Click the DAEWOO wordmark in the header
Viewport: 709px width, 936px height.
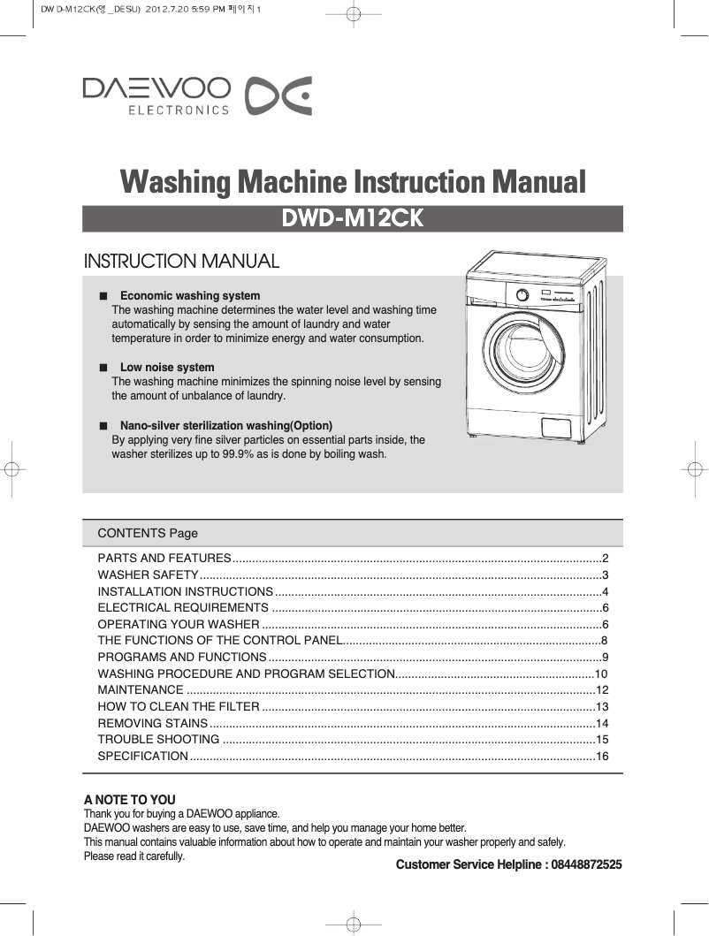point(156,88)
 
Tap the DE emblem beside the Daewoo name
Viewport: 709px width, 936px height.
point(278,96)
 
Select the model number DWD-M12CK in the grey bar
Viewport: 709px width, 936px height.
point(353,218)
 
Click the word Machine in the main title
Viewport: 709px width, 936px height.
point(291,183)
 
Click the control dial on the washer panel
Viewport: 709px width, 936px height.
point(522,296)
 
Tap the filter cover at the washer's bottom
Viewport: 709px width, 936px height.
point(559,425)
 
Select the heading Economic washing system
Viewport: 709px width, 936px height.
point(189,296)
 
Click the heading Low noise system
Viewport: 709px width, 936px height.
point(166,367)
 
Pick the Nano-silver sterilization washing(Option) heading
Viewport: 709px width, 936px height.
point(225,425)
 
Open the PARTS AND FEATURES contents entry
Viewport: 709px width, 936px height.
point(164,559)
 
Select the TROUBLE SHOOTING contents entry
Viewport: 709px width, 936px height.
point(158,739)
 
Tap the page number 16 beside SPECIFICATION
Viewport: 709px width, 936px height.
point(602,756)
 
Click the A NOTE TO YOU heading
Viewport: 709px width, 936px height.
point(129,800)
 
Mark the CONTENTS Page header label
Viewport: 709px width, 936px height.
point(148,533)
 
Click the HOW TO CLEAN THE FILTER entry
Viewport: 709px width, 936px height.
point(178,707)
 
